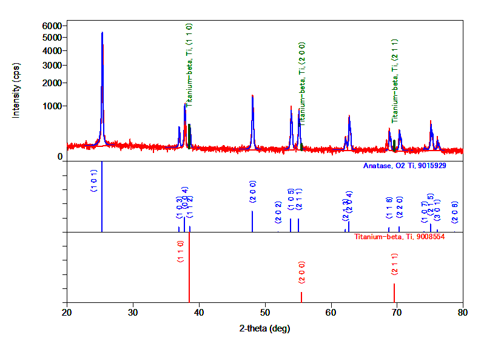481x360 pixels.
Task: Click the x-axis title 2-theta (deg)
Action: pyautogui.click(x=264, y=328)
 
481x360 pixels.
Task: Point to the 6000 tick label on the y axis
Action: pyautogui.click(x=52, y=25)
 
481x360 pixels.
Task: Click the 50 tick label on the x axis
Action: pyautogui.click(x=264, y=313)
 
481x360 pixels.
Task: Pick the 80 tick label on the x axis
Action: pyautogui.click(x=462, y=313)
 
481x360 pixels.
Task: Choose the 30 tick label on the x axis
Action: pyautogui.click(x=133, y=313)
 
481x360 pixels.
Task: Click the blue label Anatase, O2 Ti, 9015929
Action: pyautogui.click(x=405, y=166)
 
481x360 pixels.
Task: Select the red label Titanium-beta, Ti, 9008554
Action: pyautogui.click(x=400, y=236)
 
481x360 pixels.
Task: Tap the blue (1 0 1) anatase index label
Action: pyautogui.click(x=93, y=181)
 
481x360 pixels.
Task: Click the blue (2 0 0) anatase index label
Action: pyautogui.click(x=253, y=192)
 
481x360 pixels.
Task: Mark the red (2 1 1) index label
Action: pyautogui.click(x=394, y=263)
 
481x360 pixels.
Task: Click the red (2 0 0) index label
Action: pyautogui.click(x=301, y=273)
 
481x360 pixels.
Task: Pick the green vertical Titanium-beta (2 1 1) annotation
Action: pyautogui.click(x=394, y=81)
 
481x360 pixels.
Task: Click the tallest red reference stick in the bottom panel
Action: pyautogui.click(x=189, y=267)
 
